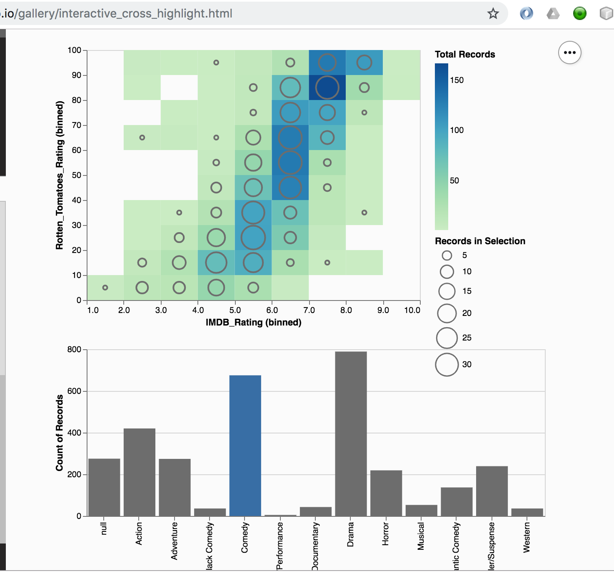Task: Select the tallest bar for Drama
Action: pos(351,433)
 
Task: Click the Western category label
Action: pos(527,537)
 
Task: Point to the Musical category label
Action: pos(421,536)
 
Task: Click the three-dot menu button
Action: pos(569,53)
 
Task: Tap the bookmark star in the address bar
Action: pos(493,14)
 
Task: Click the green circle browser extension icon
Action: pos(579,14)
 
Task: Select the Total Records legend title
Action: pos(465,54)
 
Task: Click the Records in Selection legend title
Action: pos(480,241)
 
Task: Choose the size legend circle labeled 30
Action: pos(447,365)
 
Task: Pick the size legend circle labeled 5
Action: pos(447,255)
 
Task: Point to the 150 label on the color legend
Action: pos(457,80)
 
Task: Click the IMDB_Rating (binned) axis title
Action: pos(253,322)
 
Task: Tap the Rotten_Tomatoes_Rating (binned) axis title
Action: pos(60,175)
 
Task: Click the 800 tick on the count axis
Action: pos(74,349)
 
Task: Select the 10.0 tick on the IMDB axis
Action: pos(412,310)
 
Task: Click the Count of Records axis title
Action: pos(60,433)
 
